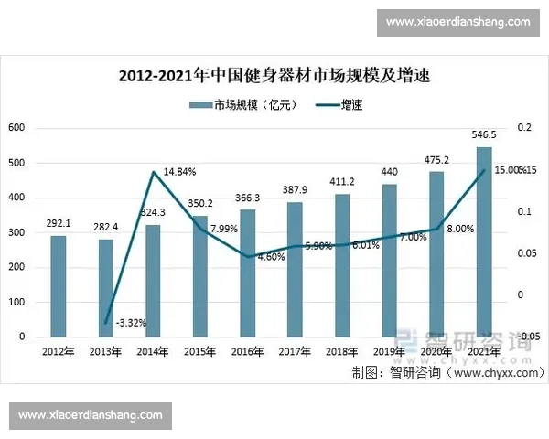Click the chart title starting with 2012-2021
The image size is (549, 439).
274,76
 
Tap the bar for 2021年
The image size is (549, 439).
484,241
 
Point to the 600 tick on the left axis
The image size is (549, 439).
16,128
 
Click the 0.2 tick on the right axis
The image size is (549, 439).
522,129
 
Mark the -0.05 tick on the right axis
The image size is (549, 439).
525,337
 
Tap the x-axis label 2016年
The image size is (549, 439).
247,350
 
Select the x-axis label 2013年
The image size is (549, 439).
105,350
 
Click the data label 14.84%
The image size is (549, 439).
179,171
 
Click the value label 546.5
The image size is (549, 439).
484,134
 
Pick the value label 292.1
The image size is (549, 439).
58,222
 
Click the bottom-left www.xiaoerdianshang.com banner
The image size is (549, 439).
91,415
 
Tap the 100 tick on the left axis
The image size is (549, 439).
16,302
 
